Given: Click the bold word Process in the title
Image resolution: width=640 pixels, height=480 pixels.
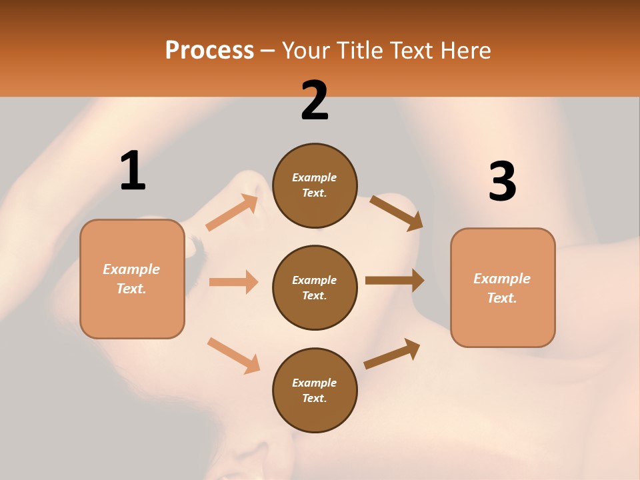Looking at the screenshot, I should [209, 50].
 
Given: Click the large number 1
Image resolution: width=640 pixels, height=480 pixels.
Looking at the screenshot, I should [133, 171].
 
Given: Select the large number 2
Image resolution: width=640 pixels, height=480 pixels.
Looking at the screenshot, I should [315, 101].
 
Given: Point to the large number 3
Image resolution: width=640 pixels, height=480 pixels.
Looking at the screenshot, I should [502, 182].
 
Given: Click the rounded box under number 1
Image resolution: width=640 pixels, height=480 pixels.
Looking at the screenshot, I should [132, 279].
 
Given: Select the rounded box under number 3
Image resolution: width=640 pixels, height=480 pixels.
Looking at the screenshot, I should [503, 288].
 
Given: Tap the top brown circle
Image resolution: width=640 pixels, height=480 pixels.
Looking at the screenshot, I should [315, 185].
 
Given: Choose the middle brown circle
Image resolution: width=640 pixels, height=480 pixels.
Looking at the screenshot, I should [315, 287].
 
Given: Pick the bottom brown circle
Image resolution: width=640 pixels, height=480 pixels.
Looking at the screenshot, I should [315, 390].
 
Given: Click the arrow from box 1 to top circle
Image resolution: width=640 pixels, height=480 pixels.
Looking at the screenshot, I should [232, 213].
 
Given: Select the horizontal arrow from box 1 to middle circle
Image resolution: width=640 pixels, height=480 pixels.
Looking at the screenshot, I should [233, 282].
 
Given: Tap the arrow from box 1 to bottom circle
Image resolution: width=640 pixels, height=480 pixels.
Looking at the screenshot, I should [233, 355].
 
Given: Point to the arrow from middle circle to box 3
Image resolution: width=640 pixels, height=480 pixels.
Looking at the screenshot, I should [395, 280].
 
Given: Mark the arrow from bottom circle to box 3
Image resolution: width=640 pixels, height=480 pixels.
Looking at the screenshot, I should [393, 353].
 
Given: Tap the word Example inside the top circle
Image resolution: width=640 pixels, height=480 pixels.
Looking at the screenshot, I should [315, 177].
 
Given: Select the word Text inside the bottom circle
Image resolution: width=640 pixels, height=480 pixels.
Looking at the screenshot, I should [313, 398].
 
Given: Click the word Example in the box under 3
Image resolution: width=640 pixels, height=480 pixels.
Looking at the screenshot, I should [502, 279].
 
